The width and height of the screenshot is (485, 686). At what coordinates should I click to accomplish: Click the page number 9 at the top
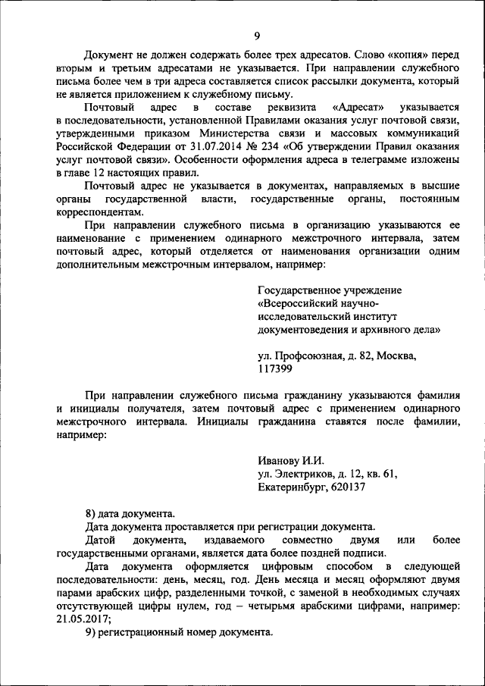(x=257, y=36)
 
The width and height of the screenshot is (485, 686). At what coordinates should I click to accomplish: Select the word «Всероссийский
(x=304, y=304)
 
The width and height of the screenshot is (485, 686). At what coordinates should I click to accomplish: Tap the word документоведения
(x=305, y=330)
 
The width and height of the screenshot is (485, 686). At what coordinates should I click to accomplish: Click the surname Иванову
(x=280, y=460)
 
